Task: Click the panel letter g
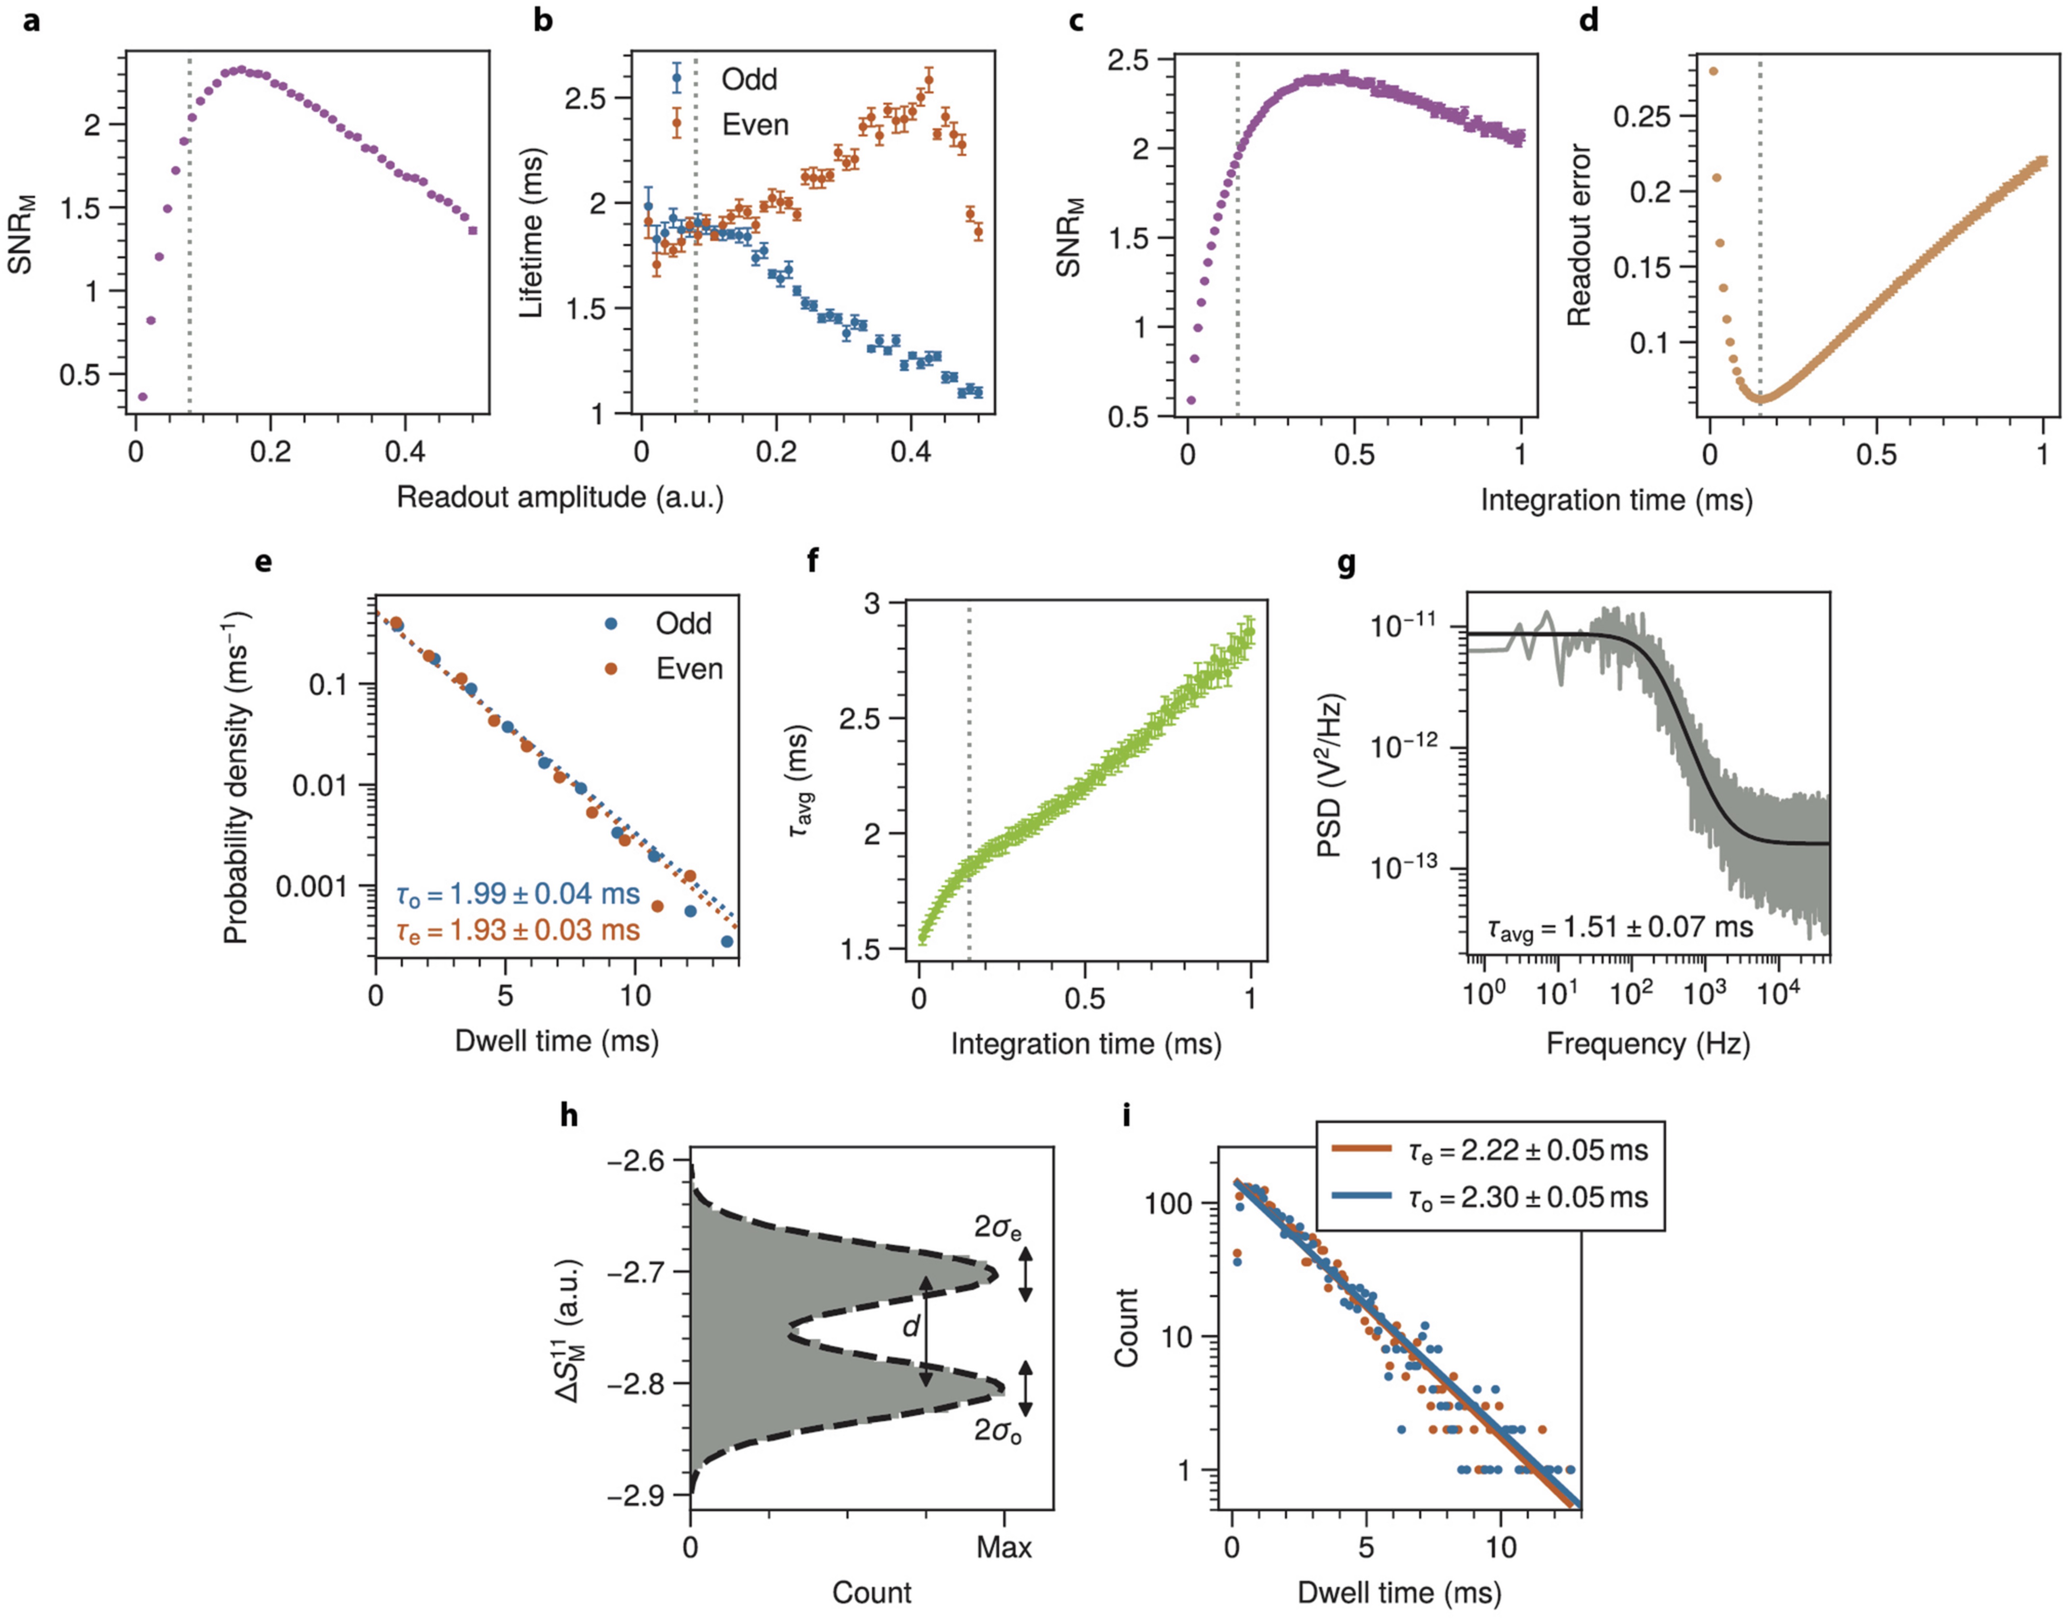click(x=1346, y=564)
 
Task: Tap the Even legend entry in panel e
click(x=689, y=669)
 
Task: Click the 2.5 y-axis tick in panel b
click(x=585, y=98)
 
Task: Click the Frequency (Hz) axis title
click(x=1647, y=1043)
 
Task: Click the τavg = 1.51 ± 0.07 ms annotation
click(x=1620, y=927)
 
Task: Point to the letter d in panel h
click(x=911, y=1326)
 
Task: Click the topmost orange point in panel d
click(x=1713, y=71)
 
